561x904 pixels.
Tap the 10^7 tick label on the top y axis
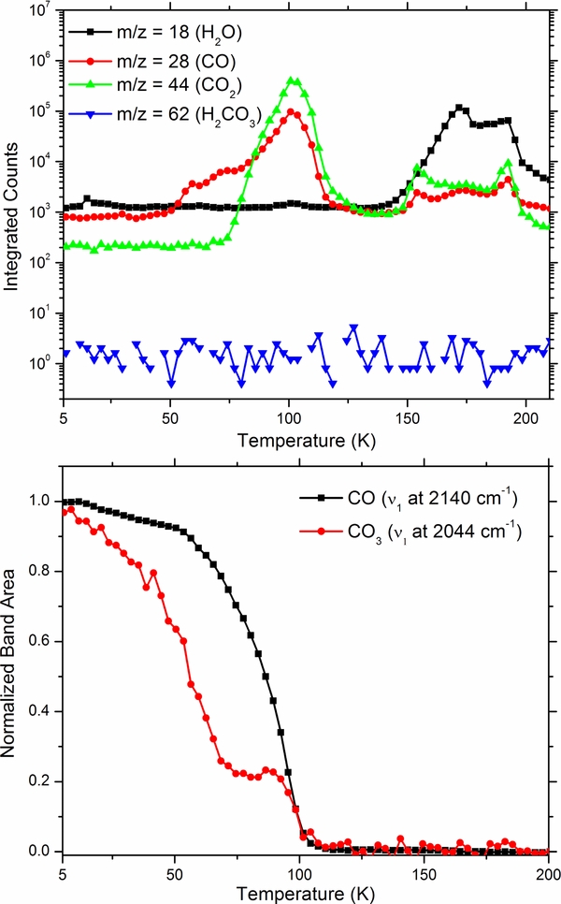tap(37, 12)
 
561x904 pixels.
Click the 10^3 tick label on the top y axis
tap(37, 212)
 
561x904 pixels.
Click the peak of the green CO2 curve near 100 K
tap(295, 80)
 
